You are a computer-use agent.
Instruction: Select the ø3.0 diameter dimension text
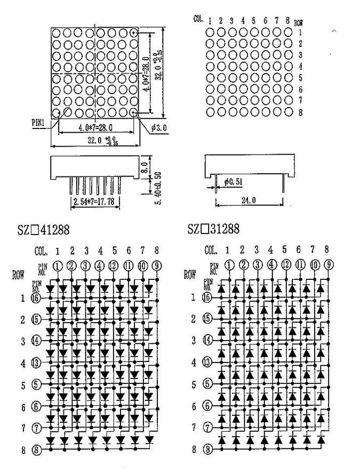click(x=159, y=127)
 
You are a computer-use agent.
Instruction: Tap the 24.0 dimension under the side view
click(x=248, y=201)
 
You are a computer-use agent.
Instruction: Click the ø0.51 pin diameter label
click(x=234, y=182)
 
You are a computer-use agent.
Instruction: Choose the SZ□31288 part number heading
click(x=214, y=229)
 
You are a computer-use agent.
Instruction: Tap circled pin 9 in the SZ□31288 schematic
click(x=329, y=264)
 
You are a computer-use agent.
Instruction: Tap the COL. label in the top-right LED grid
click(x=199, y=19)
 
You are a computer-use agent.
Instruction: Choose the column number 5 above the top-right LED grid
click(x=254, y=21)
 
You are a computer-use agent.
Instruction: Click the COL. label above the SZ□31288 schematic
click(x=211, y=249)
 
